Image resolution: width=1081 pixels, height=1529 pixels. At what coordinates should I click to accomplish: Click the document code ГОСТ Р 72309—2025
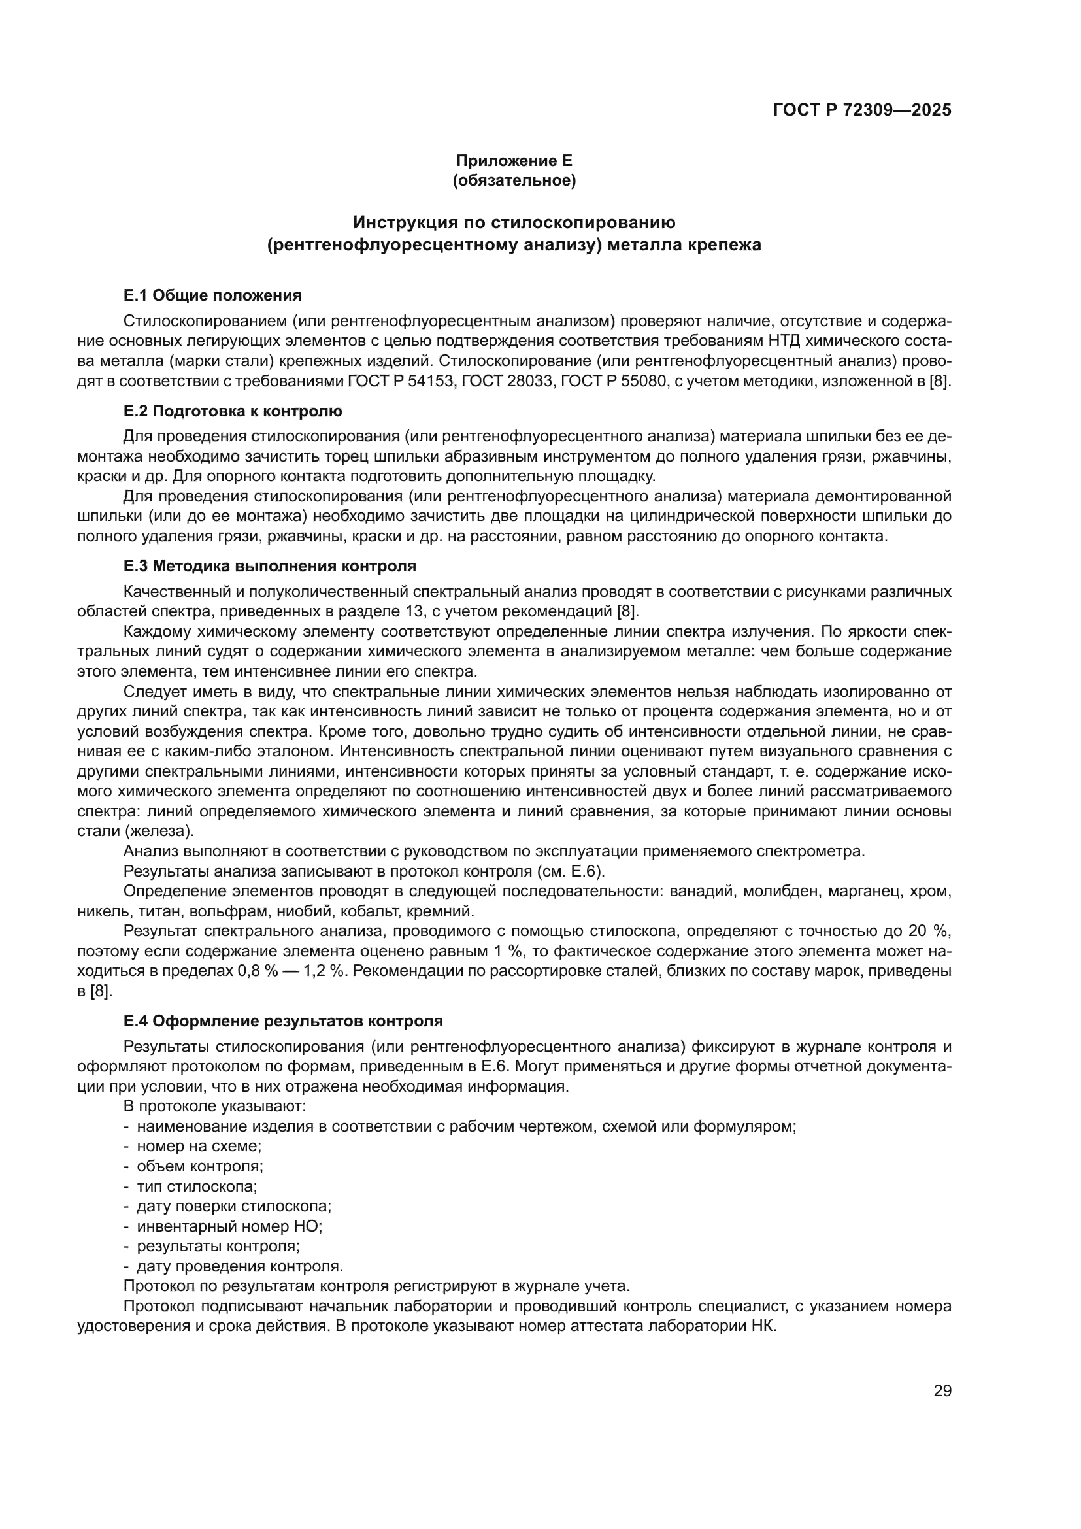[x=862, y=110]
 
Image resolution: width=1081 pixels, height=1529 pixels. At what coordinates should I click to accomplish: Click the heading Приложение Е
[x=513, y=161]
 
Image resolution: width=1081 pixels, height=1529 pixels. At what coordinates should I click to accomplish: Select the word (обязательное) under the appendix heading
[x=513, y=180]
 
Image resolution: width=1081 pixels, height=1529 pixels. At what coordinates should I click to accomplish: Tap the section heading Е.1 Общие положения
[x=212, y=295]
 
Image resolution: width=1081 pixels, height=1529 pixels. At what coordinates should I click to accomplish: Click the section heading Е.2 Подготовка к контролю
[x=232, y=412]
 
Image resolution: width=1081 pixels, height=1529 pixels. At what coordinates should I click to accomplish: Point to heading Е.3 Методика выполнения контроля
[x=269, y=567]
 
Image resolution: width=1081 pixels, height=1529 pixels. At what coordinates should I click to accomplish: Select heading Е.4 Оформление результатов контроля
[x=282, y=1021]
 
